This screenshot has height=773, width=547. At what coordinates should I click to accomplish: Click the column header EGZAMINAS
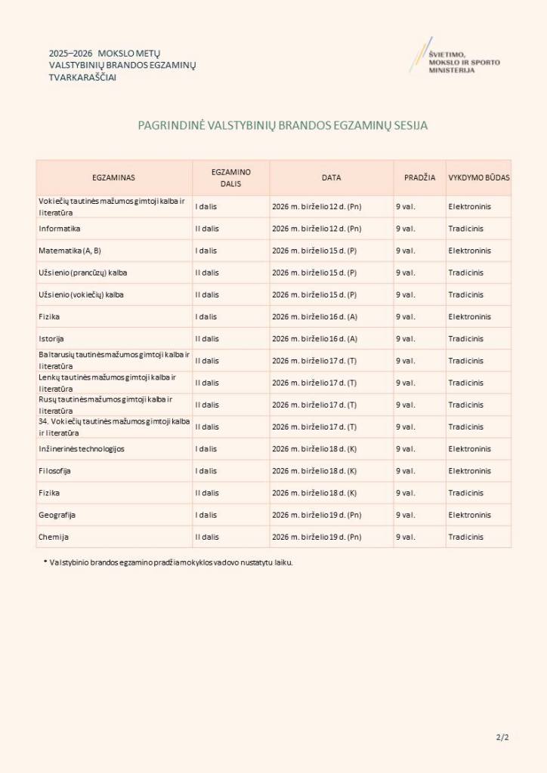(x=113, y=177)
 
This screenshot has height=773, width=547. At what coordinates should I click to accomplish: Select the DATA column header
(x=331, y=177)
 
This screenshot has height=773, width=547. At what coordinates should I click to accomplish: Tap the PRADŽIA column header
(x=419, y=177)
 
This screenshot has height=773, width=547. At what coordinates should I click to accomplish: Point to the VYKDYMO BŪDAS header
(x=479, y=177)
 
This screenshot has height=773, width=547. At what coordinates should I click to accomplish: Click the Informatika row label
(x=60, y=228)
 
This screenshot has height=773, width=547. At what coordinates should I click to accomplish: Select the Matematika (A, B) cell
(x=70, y=250)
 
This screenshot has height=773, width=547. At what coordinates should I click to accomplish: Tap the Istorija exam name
(x=51, y=338)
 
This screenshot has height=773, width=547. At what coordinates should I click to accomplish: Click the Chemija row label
(x=53, y=537)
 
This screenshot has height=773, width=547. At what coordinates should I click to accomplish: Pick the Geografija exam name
(x=57, y=515)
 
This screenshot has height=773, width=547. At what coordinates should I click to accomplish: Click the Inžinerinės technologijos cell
(x=82, y=448)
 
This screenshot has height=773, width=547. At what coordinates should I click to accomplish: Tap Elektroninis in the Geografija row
(x=469, y=515)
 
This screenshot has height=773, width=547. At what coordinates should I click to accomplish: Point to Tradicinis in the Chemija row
(x=465, y=537)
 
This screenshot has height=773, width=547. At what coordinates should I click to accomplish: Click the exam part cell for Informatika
(x=207, y=228)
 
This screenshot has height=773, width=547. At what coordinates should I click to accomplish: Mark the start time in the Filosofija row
(x=405, y=470)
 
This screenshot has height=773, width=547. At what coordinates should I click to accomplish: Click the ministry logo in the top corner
(x=453, y=57)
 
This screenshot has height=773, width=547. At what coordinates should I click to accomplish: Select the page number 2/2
(x=502, y=738)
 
